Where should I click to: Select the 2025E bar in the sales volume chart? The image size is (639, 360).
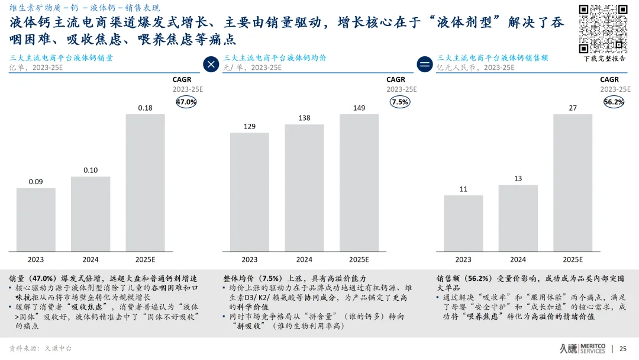[145, 182]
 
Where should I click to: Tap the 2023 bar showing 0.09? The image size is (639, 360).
[35, 219]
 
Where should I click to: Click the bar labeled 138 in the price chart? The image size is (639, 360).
[304, 187]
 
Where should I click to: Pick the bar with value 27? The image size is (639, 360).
[572, 182]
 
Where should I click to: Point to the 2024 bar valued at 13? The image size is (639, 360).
[518, 217]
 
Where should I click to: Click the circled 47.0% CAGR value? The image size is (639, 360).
[186, 102]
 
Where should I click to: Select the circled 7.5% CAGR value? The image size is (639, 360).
[400, 102]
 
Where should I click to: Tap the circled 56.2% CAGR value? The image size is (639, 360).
[614, 102]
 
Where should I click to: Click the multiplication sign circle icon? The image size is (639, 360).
[211, 64]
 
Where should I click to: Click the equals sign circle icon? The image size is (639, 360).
[424, 64]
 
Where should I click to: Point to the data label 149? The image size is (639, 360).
[359, 108]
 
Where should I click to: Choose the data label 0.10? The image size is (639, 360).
[91, 170]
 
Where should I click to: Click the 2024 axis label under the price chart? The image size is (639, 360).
[304, 259]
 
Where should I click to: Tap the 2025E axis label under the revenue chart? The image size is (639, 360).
[572, 259]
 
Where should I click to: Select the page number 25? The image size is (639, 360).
[622, 349]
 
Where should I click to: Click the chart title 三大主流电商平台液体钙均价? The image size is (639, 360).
[275, 58]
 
